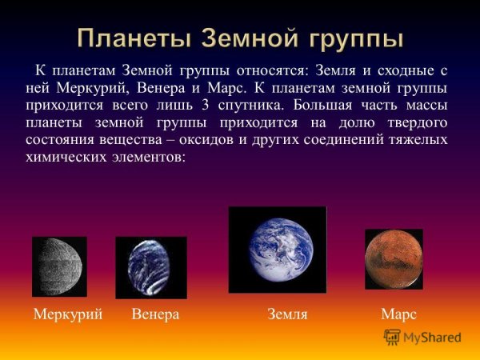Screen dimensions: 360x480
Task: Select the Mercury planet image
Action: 59,266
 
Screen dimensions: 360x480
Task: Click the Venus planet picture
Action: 151,267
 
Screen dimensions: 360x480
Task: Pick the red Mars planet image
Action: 394,258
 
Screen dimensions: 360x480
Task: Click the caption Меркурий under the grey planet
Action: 68,315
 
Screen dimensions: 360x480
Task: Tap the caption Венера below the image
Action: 155,315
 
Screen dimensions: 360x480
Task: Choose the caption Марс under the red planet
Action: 399,315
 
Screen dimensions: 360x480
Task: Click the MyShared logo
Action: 423,337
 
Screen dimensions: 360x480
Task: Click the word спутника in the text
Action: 277,105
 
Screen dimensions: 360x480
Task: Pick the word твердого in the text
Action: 415,122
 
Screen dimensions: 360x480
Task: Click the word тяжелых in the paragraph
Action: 418,140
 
